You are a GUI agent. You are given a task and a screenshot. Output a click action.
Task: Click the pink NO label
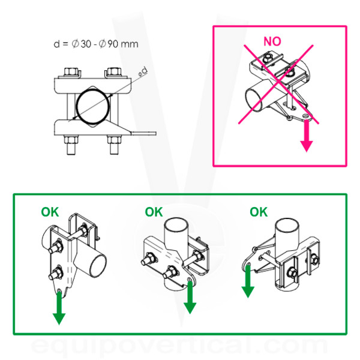tap(272, 41)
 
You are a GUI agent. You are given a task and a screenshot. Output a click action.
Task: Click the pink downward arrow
tap(307, 136)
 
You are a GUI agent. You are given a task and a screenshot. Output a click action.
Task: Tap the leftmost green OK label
tap(50, 212)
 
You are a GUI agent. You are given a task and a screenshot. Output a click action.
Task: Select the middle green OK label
tap(154, 212)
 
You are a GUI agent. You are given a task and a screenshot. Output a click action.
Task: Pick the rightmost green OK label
tap(259, 212)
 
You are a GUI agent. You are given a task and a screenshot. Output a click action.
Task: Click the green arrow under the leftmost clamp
tap(59, 308)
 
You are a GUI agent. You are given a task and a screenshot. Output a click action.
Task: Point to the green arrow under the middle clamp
tap(190, 298)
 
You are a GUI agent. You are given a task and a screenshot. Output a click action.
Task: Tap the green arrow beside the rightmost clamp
tap(248, 281)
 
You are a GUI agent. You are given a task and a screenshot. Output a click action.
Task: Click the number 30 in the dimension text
tap(86, 44)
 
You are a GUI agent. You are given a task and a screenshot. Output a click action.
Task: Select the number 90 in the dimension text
tap(113, 44)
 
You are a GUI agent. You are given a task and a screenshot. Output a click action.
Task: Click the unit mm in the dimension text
tap(130, 44)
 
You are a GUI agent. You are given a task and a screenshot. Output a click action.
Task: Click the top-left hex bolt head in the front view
tap(70, 71)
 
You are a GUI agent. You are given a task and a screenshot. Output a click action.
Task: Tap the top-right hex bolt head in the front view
tap(114, 71)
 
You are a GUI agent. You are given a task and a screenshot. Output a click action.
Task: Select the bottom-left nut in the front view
tap(71, 140)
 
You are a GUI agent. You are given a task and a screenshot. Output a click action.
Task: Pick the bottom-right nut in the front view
tap(114, 140)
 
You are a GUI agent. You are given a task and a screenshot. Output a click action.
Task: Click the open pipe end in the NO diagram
tap(254, 100)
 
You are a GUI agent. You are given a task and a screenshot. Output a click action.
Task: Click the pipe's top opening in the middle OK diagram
tap(176, 225)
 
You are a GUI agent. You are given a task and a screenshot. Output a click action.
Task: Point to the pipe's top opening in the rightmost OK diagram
tap(287, 225)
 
